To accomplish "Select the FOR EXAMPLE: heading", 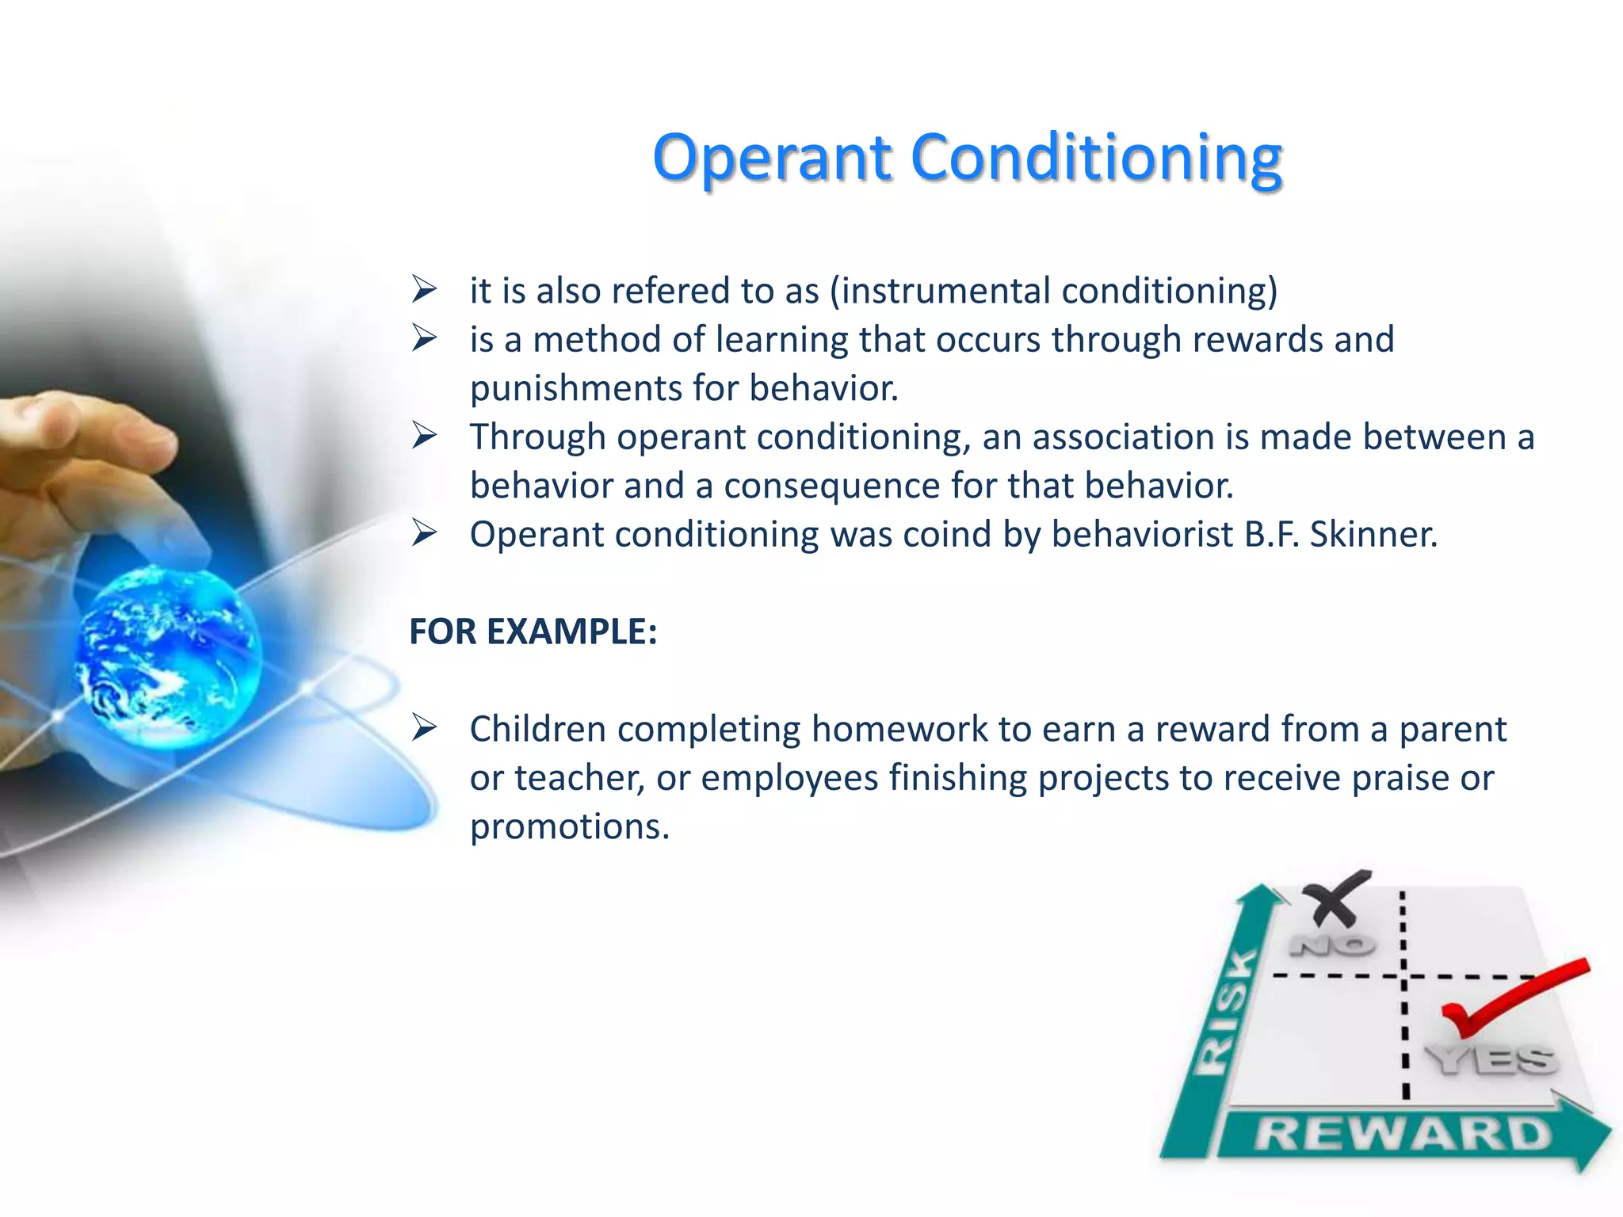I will click(533, 631).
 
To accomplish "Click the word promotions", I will click(569, 826).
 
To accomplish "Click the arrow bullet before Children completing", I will click(425, 727).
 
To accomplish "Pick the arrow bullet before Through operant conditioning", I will click(425, 436).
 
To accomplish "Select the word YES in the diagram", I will click(1491, 1059).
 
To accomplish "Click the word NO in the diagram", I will click(1332, 945).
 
